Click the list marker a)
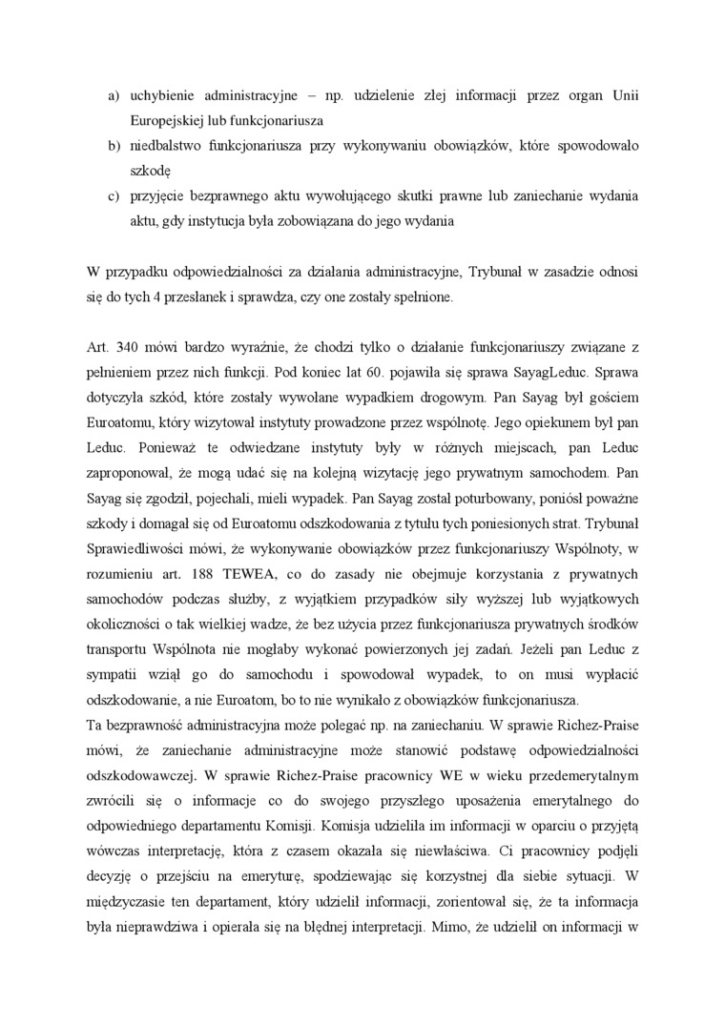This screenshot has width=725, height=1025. point(112,96)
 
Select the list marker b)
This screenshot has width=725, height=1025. point(112,146)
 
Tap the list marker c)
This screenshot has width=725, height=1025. point(112,195)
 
